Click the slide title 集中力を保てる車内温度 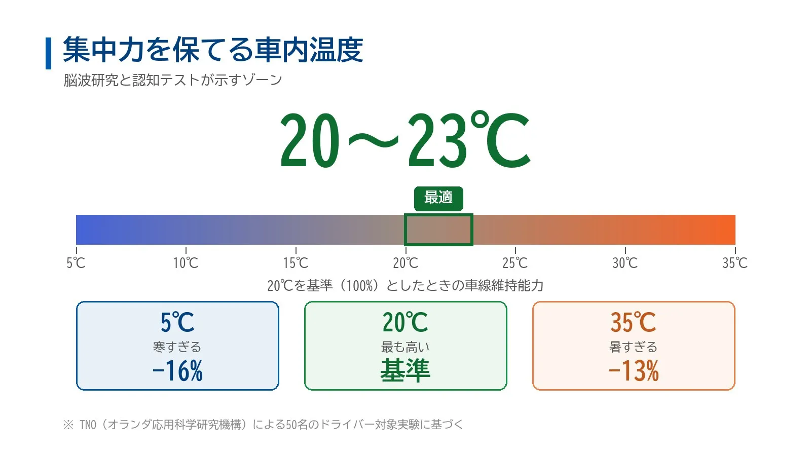click(x=213, y=50)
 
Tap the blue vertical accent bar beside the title click(x=48, y=53)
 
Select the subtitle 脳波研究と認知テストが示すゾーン click(x=173, y=80)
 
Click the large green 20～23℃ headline click(x=405, y=140)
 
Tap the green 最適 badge click(x=438, y=198)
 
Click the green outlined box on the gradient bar click(x=438, y=214)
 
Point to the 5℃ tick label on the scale click(x=76, y=263)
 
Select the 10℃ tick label click(x=186, y=263)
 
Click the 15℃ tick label click(x=296, y=263)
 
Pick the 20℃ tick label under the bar click(x=405, y=263)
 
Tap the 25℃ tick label click(x=515, y=263)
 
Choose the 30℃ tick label click(x=625, y=263)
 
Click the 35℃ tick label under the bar click(x=735, y=263)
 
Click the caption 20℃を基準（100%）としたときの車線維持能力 click(x=405, y=286)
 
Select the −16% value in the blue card click(x=177, y=370)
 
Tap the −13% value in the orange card click(x=634, y=370)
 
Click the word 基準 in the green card click(x=405, y=370)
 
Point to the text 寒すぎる click(x=177, y=347)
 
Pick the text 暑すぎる click(x=633, y=347)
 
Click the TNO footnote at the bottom click(x=263, y=424)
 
